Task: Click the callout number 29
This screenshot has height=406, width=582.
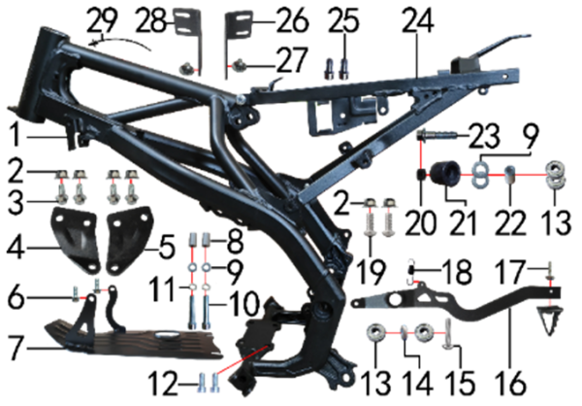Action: click(102, 20)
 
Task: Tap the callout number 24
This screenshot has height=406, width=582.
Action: click(418, 20)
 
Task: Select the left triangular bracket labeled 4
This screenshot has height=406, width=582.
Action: click(75, 240)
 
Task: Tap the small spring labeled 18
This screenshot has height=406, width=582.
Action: click(411, 271)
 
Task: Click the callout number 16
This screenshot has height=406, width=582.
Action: click(513, 382)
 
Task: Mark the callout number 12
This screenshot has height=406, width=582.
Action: click(162, 384)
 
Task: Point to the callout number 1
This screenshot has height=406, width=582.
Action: click(16, 136)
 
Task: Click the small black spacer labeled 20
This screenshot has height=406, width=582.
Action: click(422, 175)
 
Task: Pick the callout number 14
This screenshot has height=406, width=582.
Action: click(420, 382)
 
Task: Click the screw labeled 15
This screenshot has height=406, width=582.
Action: click(447, 335)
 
